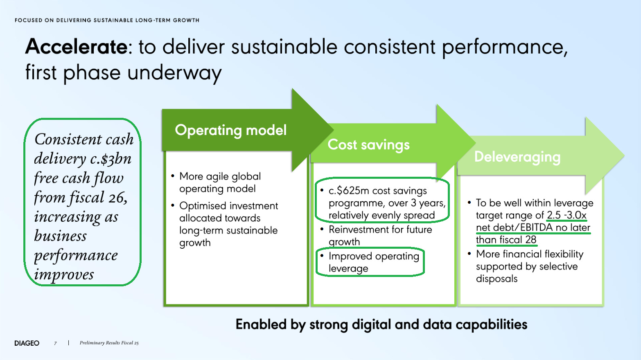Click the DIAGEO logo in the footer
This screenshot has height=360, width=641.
(27, 343)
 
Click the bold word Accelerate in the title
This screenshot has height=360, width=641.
(77, 47)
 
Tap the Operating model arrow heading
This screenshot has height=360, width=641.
(230, 130)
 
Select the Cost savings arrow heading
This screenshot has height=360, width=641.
(368, 145)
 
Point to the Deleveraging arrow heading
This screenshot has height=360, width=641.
(517, 157)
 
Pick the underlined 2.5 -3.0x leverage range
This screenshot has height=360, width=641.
(567, 215)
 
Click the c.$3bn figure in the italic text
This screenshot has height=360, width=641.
(111, 159)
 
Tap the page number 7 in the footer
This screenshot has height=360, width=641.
(55, 343)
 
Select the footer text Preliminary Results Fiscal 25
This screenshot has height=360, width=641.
(109, 343)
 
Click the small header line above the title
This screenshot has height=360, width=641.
(107, 20)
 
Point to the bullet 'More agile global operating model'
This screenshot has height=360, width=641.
(220, 182)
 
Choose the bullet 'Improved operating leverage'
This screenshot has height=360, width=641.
(373, 262)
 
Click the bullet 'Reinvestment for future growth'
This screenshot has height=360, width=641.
(380, 235)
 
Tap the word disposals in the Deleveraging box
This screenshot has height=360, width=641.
(497, 279)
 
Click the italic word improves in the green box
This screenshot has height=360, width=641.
(64, 274)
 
